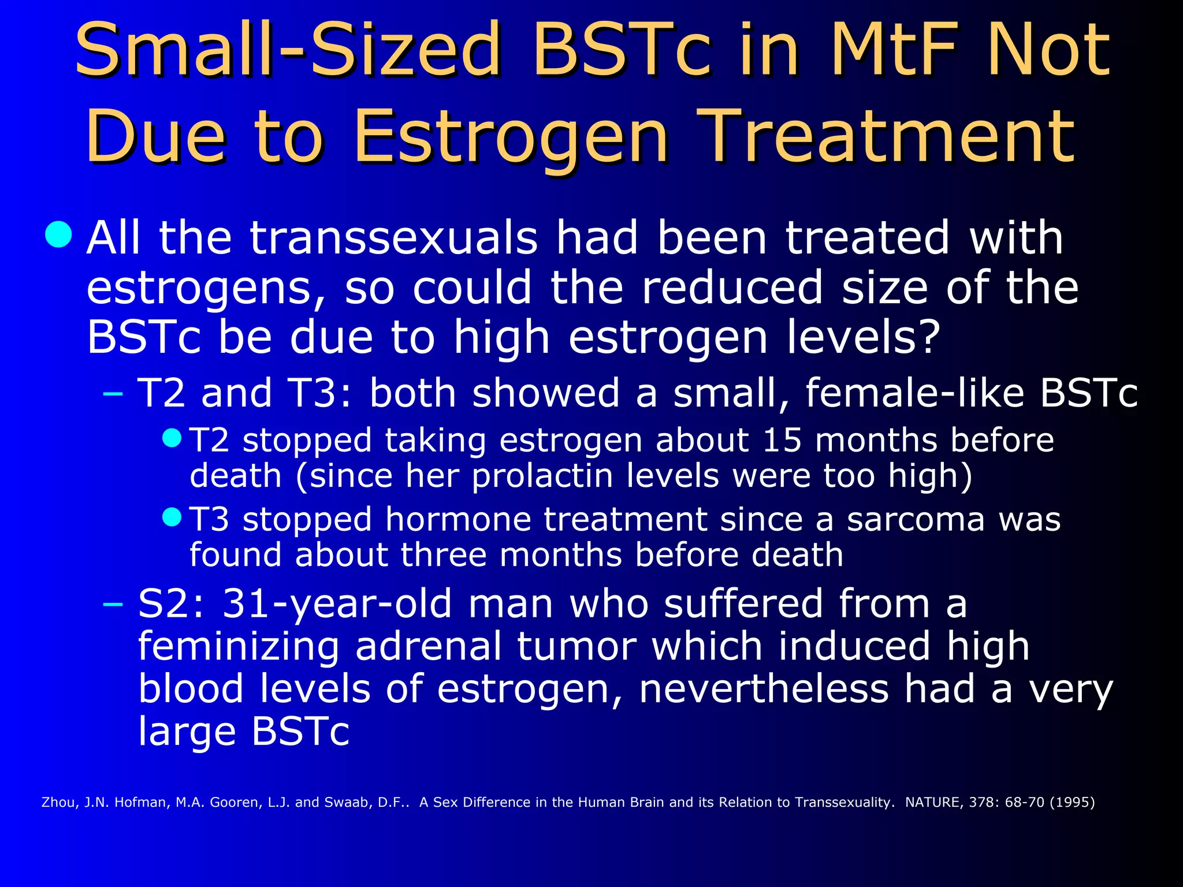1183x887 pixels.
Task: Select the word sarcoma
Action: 915,519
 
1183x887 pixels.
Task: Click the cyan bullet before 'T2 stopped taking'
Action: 172,437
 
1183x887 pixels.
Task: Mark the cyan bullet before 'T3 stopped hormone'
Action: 172,516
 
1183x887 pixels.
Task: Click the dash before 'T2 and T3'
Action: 113,394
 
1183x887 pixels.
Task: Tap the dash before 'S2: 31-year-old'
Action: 113,604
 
